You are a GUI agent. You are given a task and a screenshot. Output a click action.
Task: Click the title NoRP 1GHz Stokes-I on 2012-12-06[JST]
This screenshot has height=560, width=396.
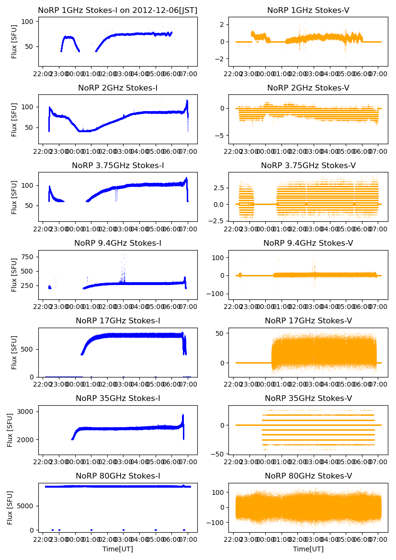point(118,10)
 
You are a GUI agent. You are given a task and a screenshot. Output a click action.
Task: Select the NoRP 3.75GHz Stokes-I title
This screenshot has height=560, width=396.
point(118,165)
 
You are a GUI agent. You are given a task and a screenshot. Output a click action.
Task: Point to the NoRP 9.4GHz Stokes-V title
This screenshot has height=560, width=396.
point(308,243)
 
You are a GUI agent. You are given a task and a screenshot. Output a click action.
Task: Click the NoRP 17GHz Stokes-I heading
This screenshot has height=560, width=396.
point(118,321)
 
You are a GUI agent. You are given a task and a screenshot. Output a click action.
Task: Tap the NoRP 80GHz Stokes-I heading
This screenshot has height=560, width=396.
point(118,476)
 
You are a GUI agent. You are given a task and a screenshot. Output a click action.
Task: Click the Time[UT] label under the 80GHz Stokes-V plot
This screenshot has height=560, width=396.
point(308,549)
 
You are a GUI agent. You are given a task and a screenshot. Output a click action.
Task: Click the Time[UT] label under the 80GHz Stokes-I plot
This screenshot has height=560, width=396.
point(118,549)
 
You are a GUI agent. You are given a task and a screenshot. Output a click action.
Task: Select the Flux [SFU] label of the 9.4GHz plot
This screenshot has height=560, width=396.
point(14,274)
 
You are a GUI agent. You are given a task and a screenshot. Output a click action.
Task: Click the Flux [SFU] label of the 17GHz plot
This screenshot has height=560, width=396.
point(14,352)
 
